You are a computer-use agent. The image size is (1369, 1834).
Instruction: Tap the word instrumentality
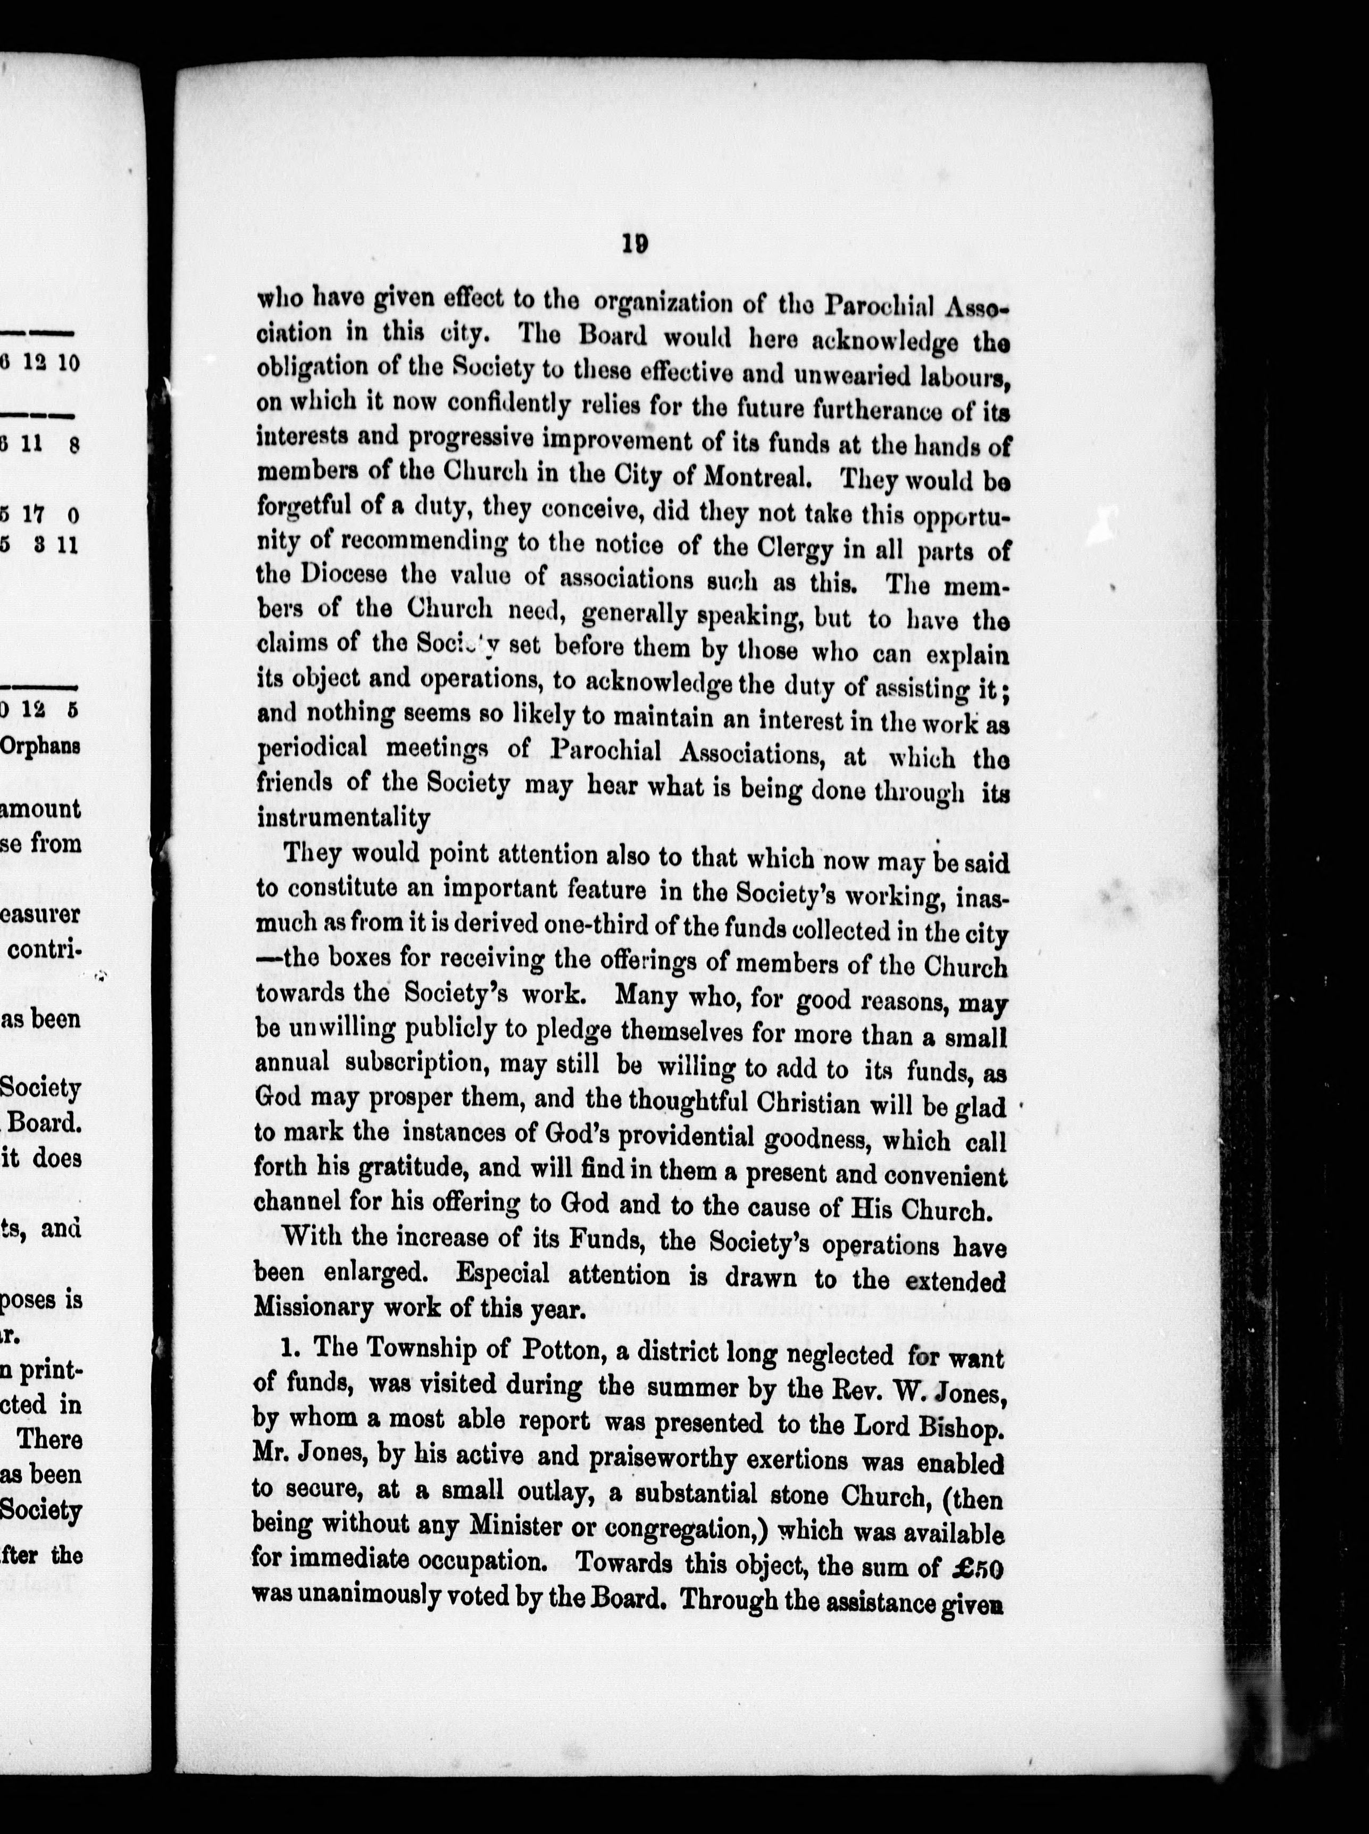[x=343, y=819]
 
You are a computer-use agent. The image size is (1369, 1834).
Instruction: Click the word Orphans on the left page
[x=40, y=745]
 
